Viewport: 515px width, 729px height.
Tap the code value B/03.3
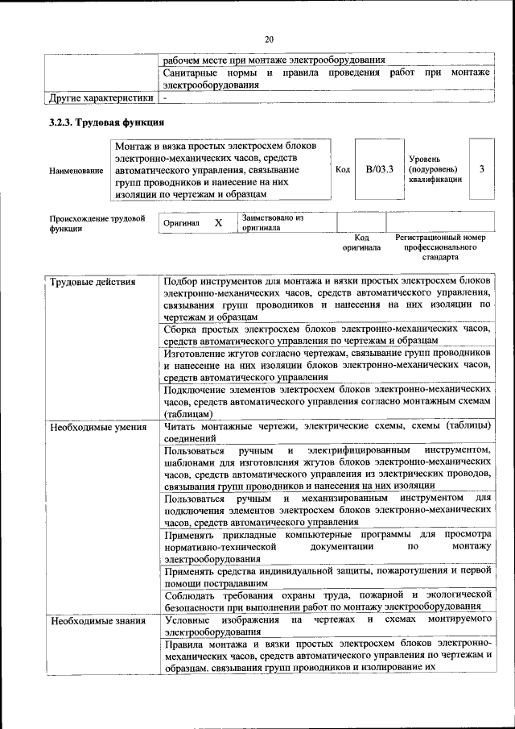pos(379,169)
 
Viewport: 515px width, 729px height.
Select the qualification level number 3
pos(481,169)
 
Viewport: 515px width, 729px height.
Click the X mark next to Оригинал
pos(218,222)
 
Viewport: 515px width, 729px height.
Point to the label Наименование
pos(76,170)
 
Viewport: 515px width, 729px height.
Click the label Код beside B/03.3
pos(342,170)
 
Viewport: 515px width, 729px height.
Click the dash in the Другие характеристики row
pos(165,98)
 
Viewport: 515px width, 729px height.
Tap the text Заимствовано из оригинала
pos(272,222)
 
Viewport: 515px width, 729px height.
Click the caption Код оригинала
pos(361,242)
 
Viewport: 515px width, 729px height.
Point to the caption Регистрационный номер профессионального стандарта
pos(440,247)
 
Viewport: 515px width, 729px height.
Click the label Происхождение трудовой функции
pos(97,222)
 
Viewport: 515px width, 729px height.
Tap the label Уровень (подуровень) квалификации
pos(435,169)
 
